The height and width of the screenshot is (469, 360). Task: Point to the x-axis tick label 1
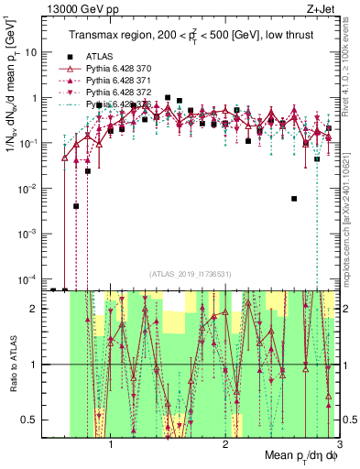(111, 444)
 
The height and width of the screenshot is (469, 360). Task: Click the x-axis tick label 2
(225, 444)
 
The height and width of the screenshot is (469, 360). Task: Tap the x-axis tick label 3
(339, 444)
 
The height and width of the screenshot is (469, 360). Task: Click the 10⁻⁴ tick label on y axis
(29, 278)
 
